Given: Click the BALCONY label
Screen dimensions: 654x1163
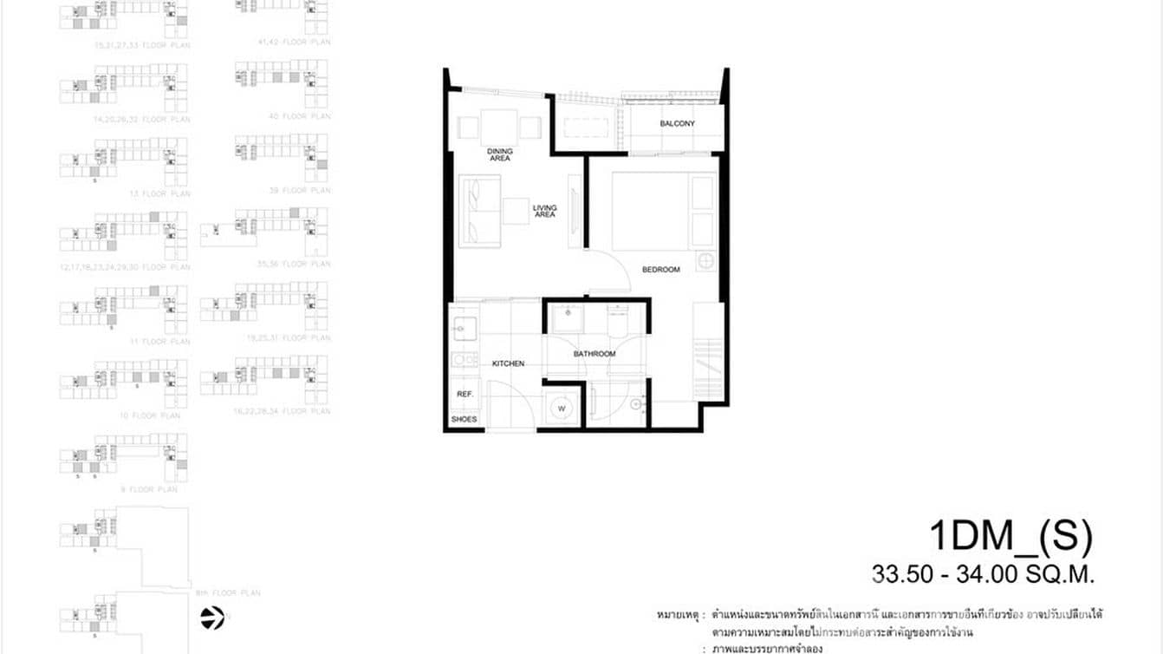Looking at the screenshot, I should click(677, 124).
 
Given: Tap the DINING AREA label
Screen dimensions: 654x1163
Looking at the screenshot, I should click(500, 155).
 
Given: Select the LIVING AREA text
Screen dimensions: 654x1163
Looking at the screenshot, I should click(544, 211).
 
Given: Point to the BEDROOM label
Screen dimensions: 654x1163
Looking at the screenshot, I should click(660, 270).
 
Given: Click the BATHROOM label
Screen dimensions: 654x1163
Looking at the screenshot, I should click(594, 354).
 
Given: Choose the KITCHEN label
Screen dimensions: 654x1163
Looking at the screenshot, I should click(508, 363).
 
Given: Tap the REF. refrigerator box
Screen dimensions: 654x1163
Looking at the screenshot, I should click(463, 394).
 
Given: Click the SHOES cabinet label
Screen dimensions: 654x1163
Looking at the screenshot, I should click(464, 420).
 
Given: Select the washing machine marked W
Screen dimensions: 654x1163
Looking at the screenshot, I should click(561, 408).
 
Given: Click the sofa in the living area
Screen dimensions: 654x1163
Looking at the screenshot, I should click(479, 211).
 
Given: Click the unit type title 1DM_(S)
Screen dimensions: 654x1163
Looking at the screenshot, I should click(1010, 536).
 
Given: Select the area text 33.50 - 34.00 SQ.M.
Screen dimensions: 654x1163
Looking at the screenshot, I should click(984, 574).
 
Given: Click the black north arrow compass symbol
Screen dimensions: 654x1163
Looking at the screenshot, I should click(212, 618).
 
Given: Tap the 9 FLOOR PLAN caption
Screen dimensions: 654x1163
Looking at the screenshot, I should click(154, 489).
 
